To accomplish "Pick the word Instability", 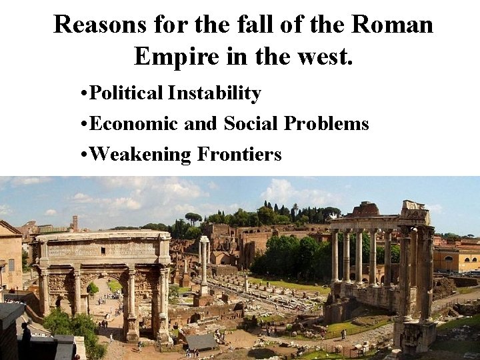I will click(x=214, y=93).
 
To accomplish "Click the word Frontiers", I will click(x=239, y=155).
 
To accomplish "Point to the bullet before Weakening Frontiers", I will click(x=81, y=155).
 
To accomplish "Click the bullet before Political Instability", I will click(x=81, y=94).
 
